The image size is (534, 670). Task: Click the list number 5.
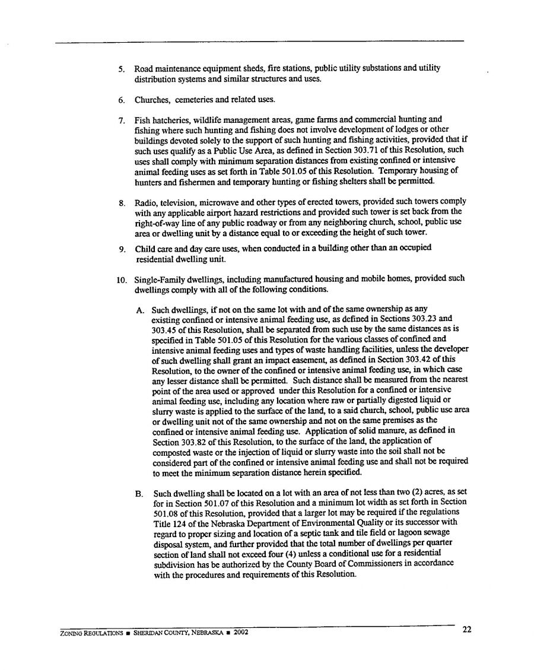[121, 69]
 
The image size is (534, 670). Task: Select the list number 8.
[121, 202]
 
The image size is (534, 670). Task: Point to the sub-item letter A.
[139, 310]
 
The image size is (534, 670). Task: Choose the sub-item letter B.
[139, 494]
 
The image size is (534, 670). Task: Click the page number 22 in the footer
[467, 630]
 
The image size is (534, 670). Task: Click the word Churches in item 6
[152, 99]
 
